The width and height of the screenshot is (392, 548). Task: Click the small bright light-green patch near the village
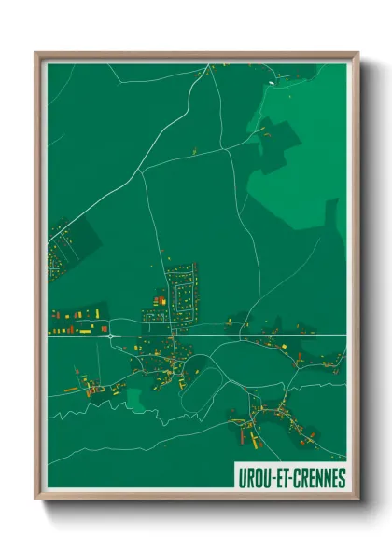[135, 400]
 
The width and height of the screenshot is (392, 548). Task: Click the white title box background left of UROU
[238, 478]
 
